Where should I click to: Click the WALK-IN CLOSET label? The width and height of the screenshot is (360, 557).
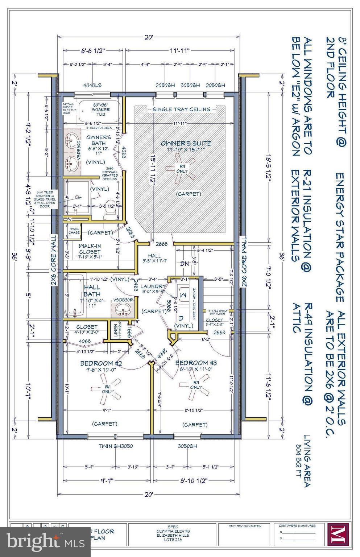coord(90,248)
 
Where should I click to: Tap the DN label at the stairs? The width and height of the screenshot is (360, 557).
coord(184,264)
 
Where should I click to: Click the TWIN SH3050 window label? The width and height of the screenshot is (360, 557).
coord(116,446)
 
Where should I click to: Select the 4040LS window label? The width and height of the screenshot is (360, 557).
coord(92,86)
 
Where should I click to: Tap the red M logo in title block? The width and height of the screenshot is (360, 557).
coord(338,534)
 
